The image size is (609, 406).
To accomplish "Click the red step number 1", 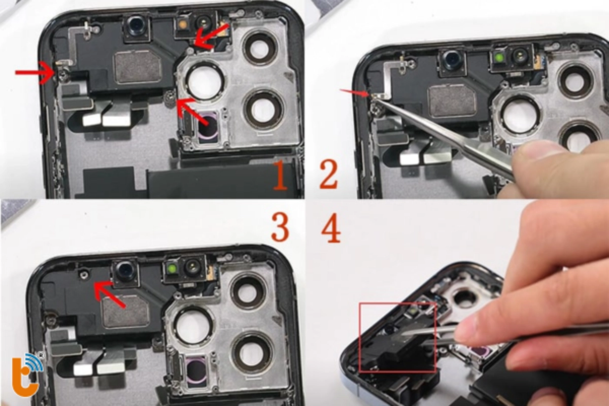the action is (x=280, y=175).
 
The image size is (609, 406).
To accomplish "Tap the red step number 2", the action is (x=328, y=175).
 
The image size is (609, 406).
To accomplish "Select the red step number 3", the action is (x=280, y=227).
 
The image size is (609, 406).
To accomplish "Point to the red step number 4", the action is (x=330, y=228).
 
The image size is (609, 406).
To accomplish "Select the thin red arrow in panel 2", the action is (x=354, y=93).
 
